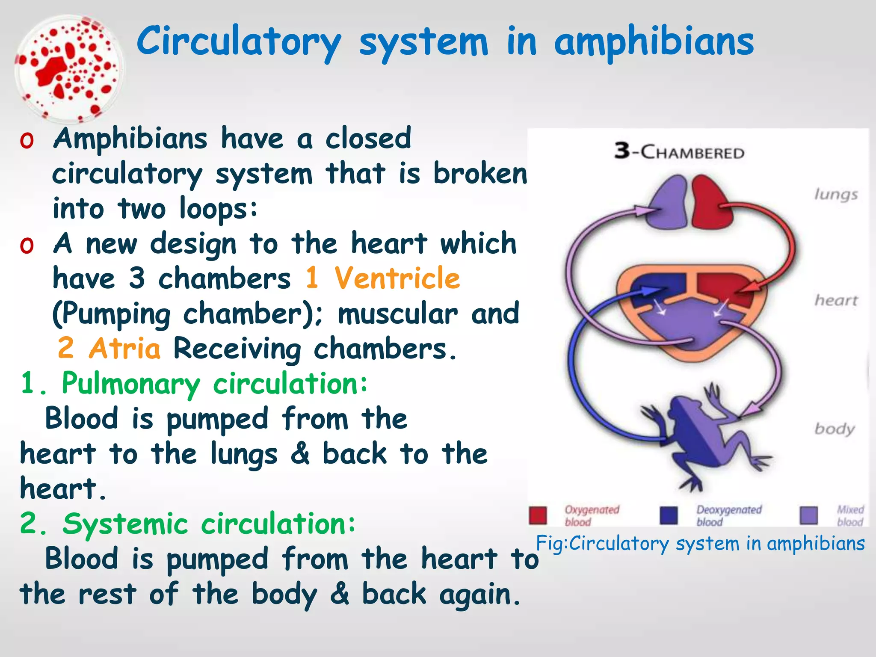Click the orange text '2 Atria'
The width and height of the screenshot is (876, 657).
click(109, 348)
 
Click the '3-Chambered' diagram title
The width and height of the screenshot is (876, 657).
click(679, 151)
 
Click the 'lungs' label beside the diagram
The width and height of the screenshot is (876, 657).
click(836, 195)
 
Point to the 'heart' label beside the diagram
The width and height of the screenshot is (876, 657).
click(836, 300)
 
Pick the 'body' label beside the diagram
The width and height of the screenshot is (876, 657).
click(834, 429)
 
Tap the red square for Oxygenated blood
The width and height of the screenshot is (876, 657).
click(538, 515)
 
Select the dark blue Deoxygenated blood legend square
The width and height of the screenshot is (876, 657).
click(669, 515)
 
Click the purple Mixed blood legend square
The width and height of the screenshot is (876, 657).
click(808, 515)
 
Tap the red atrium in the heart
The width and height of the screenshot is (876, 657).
click(723, 286)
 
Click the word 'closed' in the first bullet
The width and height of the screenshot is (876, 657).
click(368, 139)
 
